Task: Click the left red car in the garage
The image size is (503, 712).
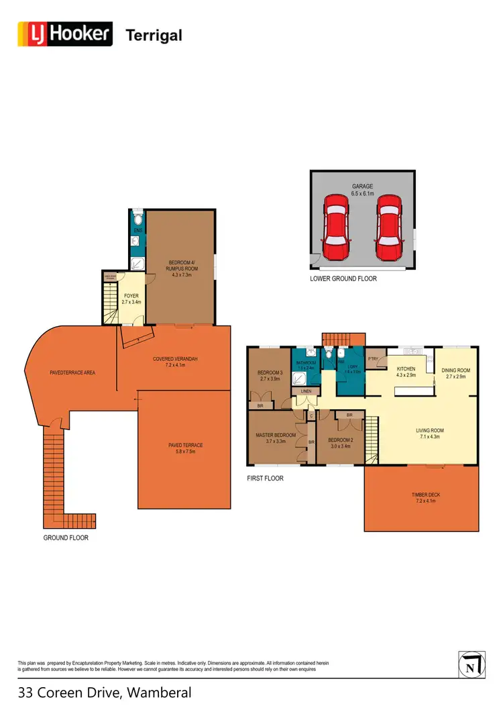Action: [x=336, y=227]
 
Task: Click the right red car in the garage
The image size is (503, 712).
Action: [x=389, y=227]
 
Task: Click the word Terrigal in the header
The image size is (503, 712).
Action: [x=154, y=35]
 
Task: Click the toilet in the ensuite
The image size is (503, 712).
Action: [x=137, y=219]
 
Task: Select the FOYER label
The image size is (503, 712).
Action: [x=131, y=295]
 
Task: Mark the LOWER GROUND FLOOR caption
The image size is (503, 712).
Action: [x=343, y=278]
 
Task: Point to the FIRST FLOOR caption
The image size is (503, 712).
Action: [x=266, y=478]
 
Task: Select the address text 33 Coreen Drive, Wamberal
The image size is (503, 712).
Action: [x=105, y=693]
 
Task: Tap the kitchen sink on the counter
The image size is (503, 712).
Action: [x=414, y=351]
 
